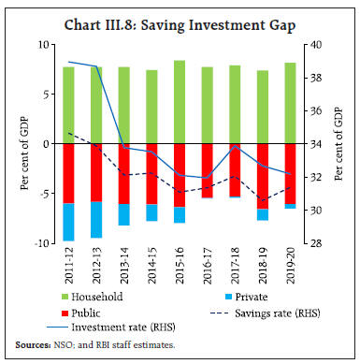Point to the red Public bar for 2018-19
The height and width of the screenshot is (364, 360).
click(263, 175)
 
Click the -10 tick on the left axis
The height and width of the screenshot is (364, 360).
click(41, 243)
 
